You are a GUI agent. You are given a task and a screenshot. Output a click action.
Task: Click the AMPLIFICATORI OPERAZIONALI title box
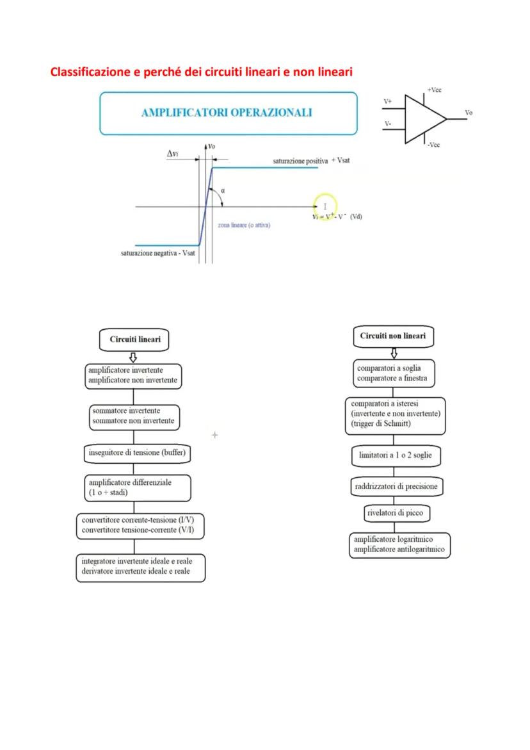pos(228,113)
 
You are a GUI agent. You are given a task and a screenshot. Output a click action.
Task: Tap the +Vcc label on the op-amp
pos(434,90)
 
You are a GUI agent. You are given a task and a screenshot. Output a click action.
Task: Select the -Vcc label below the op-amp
pos(433,145)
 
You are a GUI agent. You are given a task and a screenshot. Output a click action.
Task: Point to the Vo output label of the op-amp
pos(469,113)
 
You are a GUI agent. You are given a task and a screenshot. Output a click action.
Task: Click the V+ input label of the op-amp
pos(388,101)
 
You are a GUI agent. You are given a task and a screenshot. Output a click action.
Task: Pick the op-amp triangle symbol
pos(424,118)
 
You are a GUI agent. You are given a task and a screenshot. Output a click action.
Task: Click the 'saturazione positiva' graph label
pos(300,161)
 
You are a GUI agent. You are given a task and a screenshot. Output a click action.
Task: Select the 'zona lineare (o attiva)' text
pos(243,226)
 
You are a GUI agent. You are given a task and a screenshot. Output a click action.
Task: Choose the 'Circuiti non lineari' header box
pos(393,336)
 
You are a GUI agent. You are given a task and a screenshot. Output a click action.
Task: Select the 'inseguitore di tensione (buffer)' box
pos(138,453)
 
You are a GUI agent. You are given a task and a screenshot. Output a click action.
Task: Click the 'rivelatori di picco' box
pos(394,513)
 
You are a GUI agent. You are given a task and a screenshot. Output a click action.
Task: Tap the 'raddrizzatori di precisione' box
pos(396,487)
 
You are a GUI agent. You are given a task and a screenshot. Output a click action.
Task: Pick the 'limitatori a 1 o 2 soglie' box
pos(396,456)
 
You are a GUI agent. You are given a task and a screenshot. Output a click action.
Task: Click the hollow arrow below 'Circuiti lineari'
pos(133,357)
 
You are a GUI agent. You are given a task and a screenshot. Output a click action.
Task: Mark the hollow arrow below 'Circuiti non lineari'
pos(394,353)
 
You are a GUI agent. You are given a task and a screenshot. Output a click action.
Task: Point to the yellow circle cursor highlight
pos(325,206)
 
